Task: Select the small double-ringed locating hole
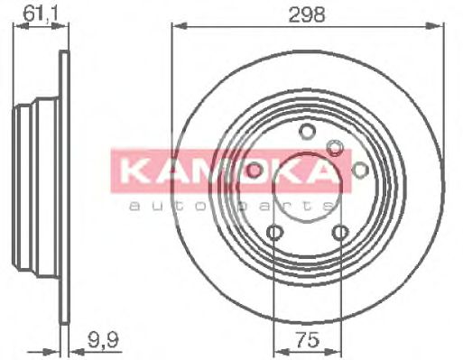tap(336, 147)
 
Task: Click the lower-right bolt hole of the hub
tap(339, 233)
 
